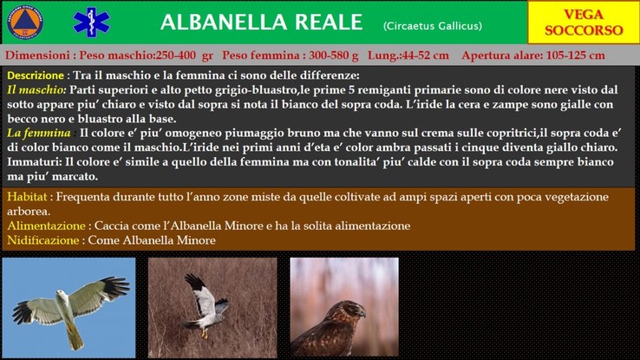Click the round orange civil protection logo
point(25,22)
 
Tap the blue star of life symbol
point(91,22)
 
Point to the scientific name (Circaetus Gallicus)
point(432,26)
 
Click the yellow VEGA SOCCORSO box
point(584,23)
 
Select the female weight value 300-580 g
point(334,56)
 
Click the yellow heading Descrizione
point(36,75)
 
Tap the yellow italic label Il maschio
point(36,90)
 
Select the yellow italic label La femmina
point(39,133)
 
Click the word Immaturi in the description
point(34,162)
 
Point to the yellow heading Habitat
point(27,197)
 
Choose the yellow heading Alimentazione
point(46,226)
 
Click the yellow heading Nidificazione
point(42,240)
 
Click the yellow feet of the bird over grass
point(204,333)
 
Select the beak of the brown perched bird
point(362,313)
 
